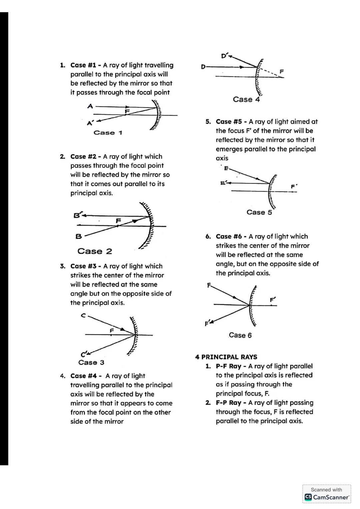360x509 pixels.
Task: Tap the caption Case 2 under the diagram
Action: pos(95,251)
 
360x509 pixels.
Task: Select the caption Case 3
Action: pos(91,362)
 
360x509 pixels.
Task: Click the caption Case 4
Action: pos(246,99)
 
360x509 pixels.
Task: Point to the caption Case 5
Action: pos(259,212)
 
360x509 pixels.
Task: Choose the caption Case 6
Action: pos(240,335)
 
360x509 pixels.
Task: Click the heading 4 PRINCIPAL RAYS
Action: pos(226,357)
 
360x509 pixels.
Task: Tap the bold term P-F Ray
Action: pos(228,366)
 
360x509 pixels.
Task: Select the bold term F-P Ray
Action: pos(228,403)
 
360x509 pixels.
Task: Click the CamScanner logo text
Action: pos(327,497)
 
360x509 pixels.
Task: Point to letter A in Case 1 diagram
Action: pos(90,106)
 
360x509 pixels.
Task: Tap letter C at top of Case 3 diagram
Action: pos(83,315)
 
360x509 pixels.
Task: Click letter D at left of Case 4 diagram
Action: pos(203,67)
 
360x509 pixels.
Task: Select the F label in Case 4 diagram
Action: pos(282,71)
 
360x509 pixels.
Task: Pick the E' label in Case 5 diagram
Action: pos(224,183)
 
